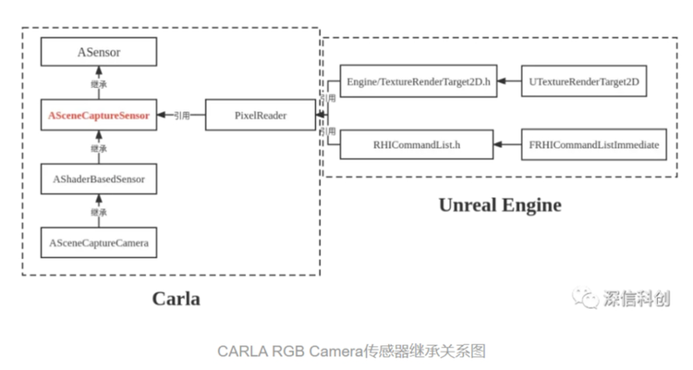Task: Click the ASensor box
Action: [x=99, y=52]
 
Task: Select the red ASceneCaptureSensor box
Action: [x=99, y=115]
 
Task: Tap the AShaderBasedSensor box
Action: [x=99, y=179]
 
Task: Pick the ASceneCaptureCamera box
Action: [x=99, y=242]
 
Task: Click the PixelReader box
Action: [x=261, y=115]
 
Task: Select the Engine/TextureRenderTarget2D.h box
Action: [x=418, y=81]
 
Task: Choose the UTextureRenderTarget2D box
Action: [x=584, y=81]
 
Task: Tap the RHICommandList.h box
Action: [x=417, y=144]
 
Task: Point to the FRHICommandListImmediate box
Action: [x=594, y=144]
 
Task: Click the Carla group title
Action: [x=176, y=299]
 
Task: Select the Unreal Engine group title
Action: [x=500, y=205]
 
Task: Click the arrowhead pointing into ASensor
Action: [x=99, y=71]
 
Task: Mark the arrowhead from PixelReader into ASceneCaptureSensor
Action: [x=162, y=115]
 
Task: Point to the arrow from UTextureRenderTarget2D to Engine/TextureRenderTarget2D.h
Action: [x=509, y=81]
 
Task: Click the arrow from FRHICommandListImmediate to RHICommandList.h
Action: [x=507, y=144]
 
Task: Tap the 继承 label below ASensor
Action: [x=99, y=84]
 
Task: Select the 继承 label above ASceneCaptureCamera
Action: [x=99, y=213]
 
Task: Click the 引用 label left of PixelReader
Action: [x=182, y=116]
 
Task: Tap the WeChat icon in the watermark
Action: [x=585, y=298]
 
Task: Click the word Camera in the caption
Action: [x=335, y=351]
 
